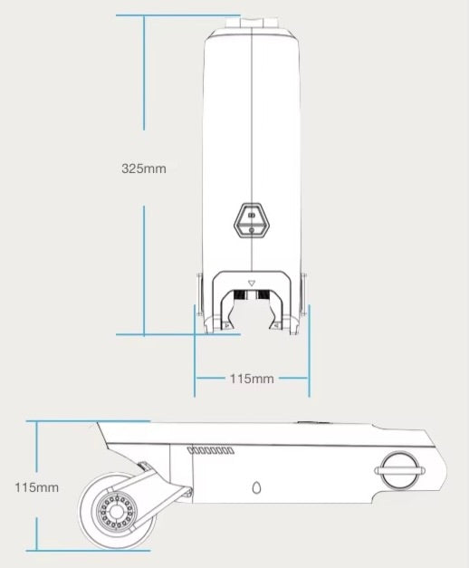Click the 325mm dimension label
click(x=144, y=168)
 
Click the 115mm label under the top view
click(x=252, y=379)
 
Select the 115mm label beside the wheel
click(x=36, y=487)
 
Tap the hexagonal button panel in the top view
click(x=252, y=220)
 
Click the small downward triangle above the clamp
click(x=252, y=284)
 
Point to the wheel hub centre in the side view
click(x=116, y=512)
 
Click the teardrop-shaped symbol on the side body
click(x=256, y=487)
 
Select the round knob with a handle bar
click(x=400, y=470)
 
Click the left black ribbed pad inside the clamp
click(x=240, y=294)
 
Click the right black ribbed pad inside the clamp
click(x=263, y=294)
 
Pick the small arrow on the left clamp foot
click(x=227, y=325)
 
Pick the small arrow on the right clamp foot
click(x=276, y=325)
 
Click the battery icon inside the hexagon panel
click(x=252, y=216)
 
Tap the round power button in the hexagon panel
click(x=252, y=230)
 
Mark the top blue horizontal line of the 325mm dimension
click(x=178, y=15)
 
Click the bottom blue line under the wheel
click(x=88, y=551)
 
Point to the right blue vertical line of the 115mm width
click(x=309, y=351)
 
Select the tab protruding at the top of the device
click(x=252, y=22)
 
